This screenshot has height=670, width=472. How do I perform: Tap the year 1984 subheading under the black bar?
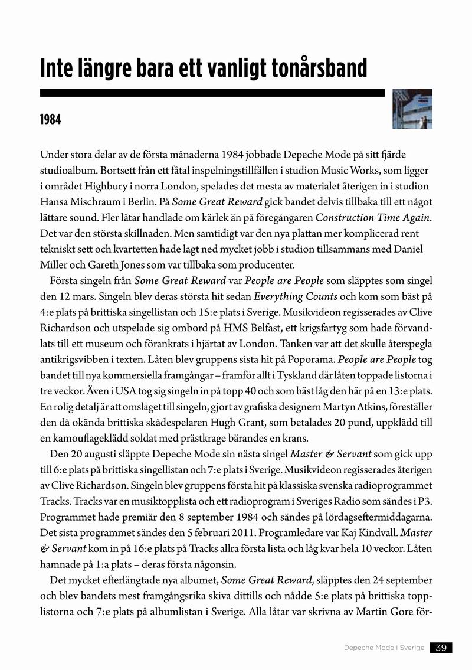[x=51, y=120]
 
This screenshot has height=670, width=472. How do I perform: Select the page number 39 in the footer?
[x=441, y=648]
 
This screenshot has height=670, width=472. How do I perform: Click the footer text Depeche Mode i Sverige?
[x=384, y=648]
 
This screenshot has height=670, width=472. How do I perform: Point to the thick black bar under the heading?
[x=212, y=93]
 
